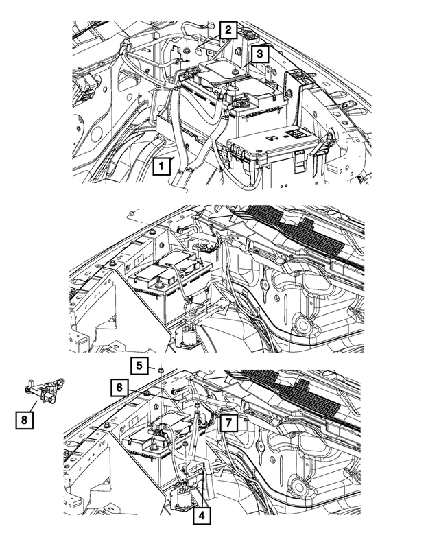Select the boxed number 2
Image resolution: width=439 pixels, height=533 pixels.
coord(228,30)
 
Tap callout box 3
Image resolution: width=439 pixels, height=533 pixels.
coord(259,53)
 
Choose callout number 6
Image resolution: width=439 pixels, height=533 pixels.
coord(119,388)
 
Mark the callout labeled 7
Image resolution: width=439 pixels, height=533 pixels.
coord(228,423)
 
